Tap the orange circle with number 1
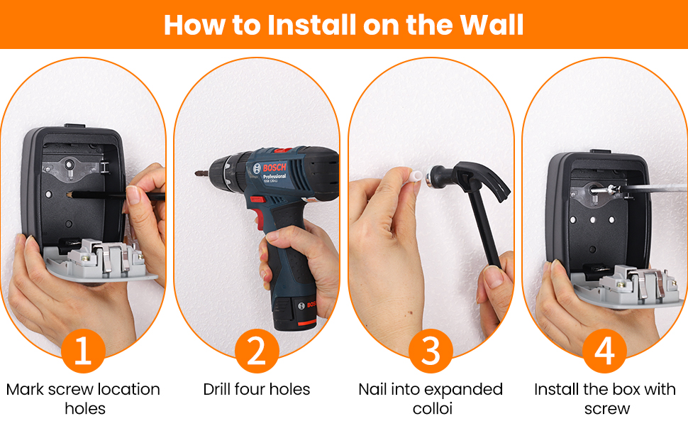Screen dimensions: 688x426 click(83, 351)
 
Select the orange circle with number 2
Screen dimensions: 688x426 click(257, 351)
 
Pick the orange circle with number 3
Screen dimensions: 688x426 click(431, 351)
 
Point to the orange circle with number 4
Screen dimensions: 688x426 click(604, 351)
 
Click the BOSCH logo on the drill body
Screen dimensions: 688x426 click(274, 168)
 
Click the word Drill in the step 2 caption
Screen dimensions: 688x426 click(217, 390)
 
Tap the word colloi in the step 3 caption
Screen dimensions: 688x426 click(432, 409)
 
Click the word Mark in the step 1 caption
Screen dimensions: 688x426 click(25, 390)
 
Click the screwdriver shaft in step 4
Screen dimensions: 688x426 click(654, 188)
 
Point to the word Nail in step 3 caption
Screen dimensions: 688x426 click(372, 390)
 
